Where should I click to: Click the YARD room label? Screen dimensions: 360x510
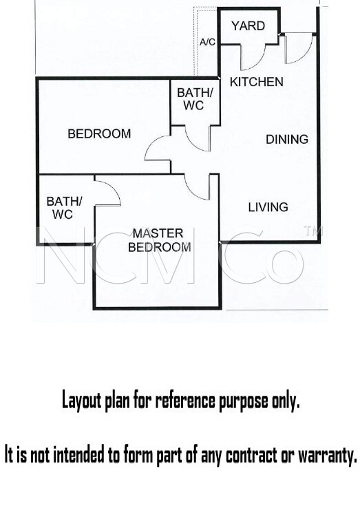[248, 26]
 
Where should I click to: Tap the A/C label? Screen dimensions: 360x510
[207, 42]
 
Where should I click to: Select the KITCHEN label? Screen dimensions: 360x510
[257, 82]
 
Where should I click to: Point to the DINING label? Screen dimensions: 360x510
[287, 139]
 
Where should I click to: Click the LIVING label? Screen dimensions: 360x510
[268, 207]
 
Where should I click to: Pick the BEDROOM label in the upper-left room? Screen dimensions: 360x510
[99, 134]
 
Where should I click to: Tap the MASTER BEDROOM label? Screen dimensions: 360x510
[159, 240]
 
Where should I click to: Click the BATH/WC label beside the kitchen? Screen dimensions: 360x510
[195, 99]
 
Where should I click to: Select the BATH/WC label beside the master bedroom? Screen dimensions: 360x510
[64, 208]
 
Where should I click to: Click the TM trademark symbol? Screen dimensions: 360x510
[313, 231]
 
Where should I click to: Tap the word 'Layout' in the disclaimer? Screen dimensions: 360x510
[82, 401]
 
